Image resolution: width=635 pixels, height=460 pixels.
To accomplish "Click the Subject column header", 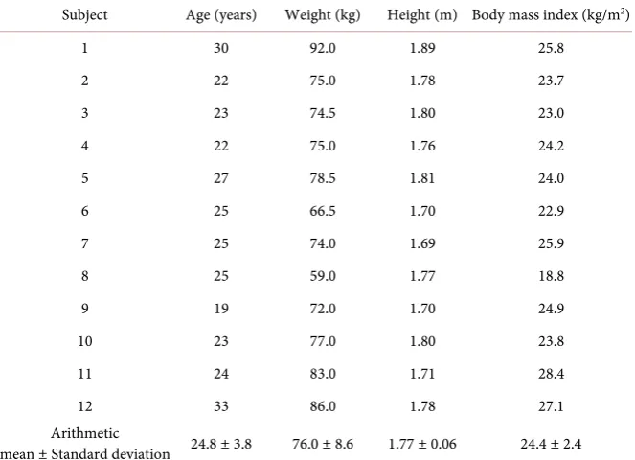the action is pos(84,15).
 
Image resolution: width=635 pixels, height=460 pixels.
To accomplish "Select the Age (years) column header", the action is pos(221,15).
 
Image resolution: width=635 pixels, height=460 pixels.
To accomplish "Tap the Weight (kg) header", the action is pos(323,15).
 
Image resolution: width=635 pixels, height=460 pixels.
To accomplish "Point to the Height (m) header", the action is pos(422,15).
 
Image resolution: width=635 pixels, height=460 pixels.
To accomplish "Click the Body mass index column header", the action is pos(551,15).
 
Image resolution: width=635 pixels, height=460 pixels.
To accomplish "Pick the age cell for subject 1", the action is pos(221,48).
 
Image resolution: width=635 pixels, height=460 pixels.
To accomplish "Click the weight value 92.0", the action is pos(323,48).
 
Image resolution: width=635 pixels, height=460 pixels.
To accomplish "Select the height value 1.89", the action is pos(422,48).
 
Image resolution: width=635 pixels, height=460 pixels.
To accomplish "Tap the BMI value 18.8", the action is pos(551,276).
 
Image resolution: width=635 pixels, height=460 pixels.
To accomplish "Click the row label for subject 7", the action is pos(84,243).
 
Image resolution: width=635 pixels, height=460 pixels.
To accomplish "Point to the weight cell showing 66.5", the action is pos(323,211).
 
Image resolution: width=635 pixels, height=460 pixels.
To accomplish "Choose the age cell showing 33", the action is pos(221,406).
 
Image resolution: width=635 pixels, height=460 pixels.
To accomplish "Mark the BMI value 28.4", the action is pos(551,374).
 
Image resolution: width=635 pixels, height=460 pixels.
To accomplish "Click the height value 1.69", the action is pos(422,243).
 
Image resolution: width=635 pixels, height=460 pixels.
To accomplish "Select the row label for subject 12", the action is pos(85,406).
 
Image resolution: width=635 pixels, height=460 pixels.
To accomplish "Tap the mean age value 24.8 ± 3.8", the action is pos(221,444).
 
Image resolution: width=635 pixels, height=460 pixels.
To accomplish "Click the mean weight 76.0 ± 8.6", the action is pos(323,444).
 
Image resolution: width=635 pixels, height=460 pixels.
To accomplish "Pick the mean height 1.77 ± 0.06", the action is pos(422,444).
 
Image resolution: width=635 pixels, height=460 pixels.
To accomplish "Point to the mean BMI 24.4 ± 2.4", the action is pos(551,444).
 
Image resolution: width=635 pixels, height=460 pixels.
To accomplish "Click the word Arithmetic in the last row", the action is pos(85,433).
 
